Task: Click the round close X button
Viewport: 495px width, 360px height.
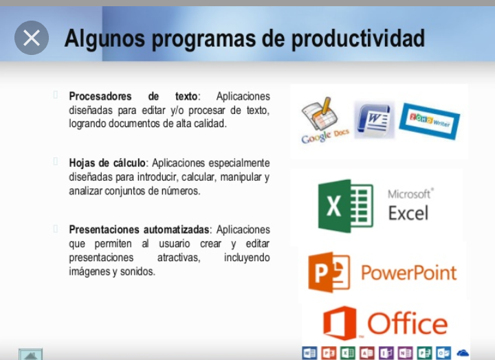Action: [x=32, y=38]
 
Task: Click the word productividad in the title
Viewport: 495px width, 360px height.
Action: [x=358, y=38]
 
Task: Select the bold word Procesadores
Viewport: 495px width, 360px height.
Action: [x=100, y=96]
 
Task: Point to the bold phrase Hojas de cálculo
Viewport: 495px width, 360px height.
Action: [x=107, y=163]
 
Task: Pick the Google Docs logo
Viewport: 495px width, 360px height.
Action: [x=324, y=120]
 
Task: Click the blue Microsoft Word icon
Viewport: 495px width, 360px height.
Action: [x=375, y=120]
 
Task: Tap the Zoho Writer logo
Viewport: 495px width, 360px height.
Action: [x=429, y=121]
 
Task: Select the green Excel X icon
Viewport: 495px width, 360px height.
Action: [x=346, y=205]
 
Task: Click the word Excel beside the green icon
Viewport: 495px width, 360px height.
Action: [x=408, y=213]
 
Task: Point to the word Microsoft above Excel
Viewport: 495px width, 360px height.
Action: [x=409, y=194]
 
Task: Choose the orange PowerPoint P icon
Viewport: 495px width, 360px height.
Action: [x=329, y=272]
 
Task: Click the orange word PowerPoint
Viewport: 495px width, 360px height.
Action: [x=409, y=273]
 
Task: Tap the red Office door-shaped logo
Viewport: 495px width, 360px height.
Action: [x=340, y=323]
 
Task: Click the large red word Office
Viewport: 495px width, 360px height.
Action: [x=408, y=324]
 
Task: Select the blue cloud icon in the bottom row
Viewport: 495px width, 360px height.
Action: [x=463, y=352]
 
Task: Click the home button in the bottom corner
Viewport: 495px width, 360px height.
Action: [x=30, y=355]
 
